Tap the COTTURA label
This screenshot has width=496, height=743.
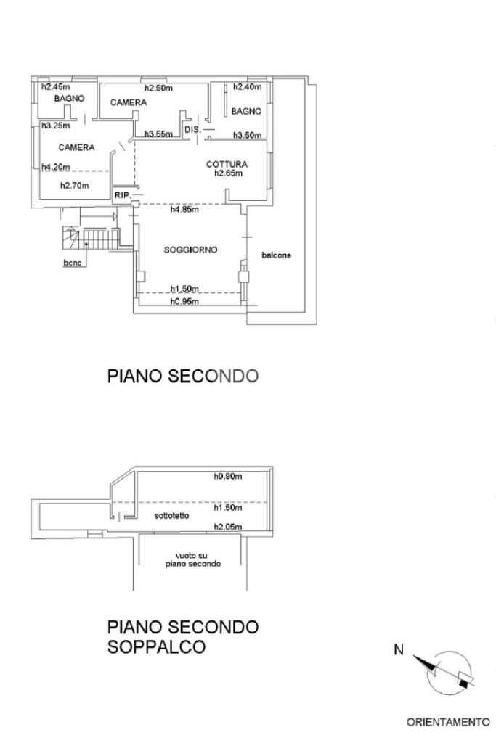click(x=227, y=164)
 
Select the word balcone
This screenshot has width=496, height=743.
click(x=277, y=255)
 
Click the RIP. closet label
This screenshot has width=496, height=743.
click(x=121, y=195)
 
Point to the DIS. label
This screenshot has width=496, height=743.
click(x=192, y=129)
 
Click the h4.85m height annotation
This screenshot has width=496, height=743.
click(x=184, y=210)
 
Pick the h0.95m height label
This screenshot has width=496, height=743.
click(x=184, y=302)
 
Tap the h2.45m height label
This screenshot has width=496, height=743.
click(x=54, y=87)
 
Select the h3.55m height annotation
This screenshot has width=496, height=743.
click(x=158, y=134)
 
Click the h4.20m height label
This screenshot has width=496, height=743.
click(x=55, y=167)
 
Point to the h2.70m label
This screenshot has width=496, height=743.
click(x=74, y=185)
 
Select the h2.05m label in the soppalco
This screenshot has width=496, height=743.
click(x=227, y=527)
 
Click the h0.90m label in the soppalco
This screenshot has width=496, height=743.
click(x=227, y=477)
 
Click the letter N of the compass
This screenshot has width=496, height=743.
click(x=399, y=650)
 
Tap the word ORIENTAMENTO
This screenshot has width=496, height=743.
click(x=447, y=722)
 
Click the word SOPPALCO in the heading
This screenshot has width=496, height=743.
click(x=156, y=646)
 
